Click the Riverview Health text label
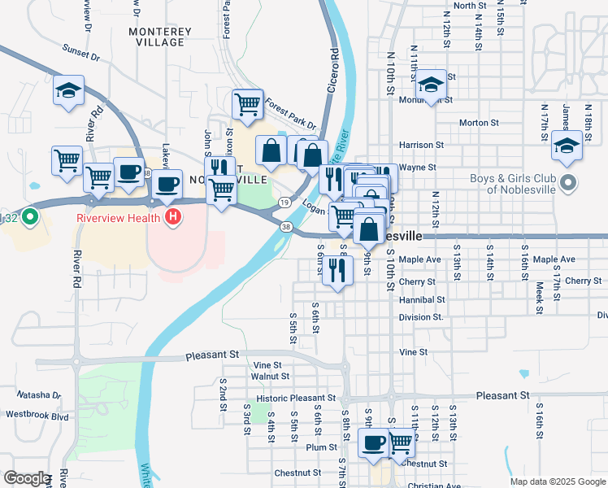[119, 218]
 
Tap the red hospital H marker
[172, 217]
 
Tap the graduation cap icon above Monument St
[431, 84]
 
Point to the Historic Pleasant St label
[296, 399]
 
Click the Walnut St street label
[271, 377]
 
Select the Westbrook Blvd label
[37, 416]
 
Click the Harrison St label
[421, 145]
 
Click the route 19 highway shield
[284, 202]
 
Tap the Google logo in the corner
[26, 478]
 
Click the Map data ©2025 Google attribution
[557, 481]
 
